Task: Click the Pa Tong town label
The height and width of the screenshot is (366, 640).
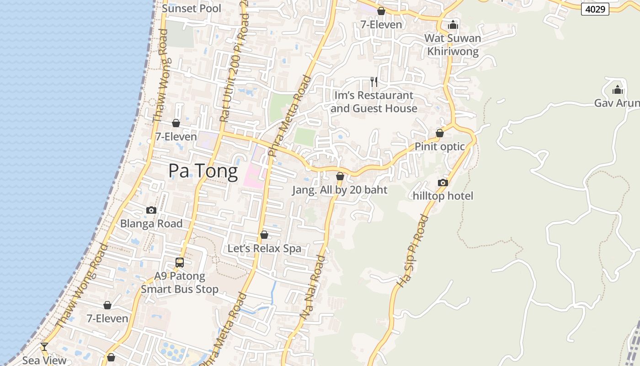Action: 203,171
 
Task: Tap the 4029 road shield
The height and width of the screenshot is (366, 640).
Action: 595,9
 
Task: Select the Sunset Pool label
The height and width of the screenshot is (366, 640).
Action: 192,8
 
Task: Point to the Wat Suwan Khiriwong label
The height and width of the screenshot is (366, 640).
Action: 453,45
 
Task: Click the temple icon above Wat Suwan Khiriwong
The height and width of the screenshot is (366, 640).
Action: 453,24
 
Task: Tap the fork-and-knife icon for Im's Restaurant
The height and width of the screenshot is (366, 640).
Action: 374,82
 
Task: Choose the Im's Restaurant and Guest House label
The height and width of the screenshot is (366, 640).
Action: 374,102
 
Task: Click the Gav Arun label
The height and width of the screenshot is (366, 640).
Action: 617,103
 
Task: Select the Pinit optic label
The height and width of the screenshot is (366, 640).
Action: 439,147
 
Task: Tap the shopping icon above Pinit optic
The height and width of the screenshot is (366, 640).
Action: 439,133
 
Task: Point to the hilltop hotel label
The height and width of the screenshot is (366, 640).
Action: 443,196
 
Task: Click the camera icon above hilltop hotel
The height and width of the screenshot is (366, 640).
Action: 443,183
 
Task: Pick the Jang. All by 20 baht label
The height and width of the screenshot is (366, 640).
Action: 340,190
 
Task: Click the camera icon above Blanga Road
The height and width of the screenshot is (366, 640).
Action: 151,210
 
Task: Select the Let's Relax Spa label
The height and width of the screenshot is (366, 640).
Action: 264,248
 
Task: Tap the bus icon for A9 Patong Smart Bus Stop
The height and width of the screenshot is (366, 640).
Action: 180,263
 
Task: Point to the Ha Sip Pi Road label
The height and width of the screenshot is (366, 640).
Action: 413,251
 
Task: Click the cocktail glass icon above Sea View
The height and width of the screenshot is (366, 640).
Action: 44,347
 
